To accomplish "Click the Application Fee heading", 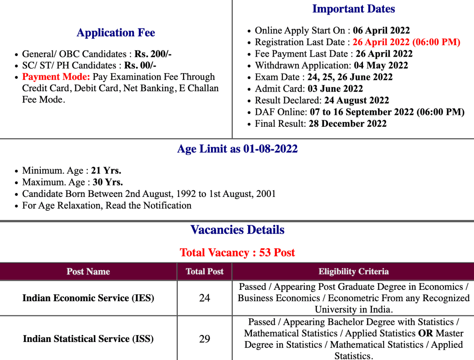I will click(x=116, y=33).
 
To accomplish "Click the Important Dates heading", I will click(x=353, y=9).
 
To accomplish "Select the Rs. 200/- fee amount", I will click(x=153, y=54).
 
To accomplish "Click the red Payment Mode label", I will click(x=56, y=77).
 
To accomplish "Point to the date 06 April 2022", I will click(x=381, y=31).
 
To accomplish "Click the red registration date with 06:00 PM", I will click(x=406, y=42).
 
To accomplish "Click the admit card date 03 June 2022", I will click(x=335, y=89).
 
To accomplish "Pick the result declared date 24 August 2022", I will click(x=356, y=100).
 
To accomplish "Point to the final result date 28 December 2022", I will click(x=348, y=124).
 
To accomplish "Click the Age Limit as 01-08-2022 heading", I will click(x=237, y=149).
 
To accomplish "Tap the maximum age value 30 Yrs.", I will click(x=108, y=182).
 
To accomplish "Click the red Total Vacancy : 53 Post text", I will click(x=237, y=253).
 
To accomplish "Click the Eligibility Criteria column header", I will click(x=353, y=271).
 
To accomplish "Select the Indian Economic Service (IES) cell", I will click(x=88, y=298).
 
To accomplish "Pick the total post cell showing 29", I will click(x=205, y=339).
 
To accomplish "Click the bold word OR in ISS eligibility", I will click(x=425, y=333).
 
